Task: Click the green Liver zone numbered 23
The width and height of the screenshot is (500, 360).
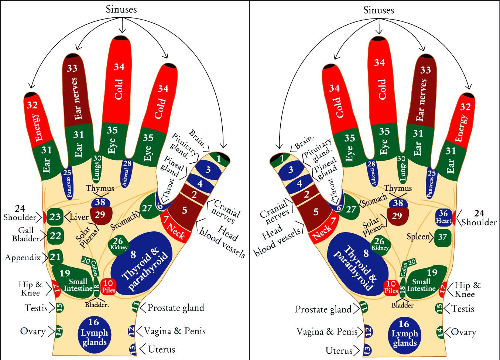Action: coord(55,217)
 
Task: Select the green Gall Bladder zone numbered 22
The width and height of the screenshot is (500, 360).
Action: coord(55,235)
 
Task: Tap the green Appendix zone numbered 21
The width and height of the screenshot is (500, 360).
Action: coord(55,257)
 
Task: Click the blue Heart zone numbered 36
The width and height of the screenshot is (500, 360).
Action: coord(444,217)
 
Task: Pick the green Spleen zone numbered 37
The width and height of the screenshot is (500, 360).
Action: coord(442,237)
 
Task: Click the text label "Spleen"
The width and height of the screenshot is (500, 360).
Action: coord(418,236)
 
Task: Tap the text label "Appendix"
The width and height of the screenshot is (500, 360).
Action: coord(23,257)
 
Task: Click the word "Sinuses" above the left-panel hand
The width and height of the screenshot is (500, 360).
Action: coord(121,9)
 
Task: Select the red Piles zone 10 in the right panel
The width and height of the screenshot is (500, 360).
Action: coord(391,287)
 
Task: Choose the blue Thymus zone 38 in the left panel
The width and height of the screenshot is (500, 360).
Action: coord(100,202)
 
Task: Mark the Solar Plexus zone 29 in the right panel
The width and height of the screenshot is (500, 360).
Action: coord(397,215)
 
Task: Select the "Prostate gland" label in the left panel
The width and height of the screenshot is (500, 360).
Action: coord(176,308)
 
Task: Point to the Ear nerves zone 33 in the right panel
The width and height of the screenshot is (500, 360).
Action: coord(422,92)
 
